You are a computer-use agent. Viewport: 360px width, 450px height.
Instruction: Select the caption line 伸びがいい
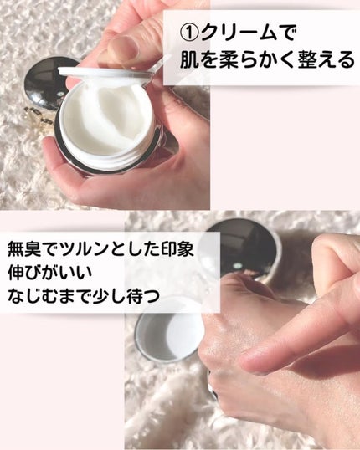(x=53, y=273)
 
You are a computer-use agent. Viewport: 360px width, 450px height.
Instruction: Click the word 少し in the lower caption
(x=118, y=296)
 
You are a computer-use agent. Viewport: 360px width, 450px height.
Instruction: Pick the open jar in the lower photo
(x=167, y=330)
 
